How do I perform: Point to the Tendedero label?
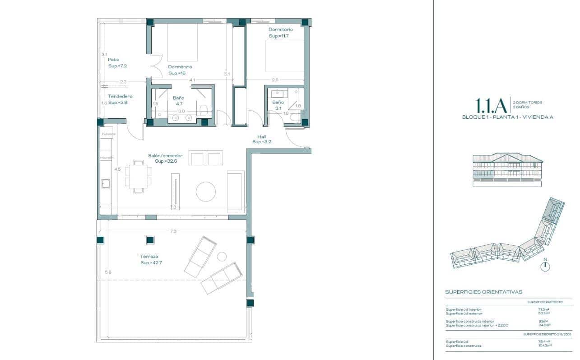coord(120,99)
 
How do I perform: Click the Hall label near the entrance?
coord(261,139)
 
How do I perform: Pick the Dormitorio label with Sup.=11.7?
coord(281,33)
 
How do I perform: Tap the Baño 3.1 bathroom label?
coord(278,105)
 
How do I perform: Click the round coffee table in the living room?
coord(206,192)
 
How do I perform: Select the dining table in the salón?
coord(138,176)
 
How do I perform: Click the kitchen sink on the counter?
coord(106,183)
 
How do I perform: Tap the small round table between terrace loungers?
coord(222,256)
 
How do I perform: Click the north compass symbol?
coord(545,266)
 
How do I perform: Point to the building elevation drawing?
coord(507,170)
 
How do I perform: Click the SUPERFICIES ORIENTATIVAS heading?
coord(483,292)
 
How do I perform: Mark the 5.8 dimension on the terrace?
coord(107,272)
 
